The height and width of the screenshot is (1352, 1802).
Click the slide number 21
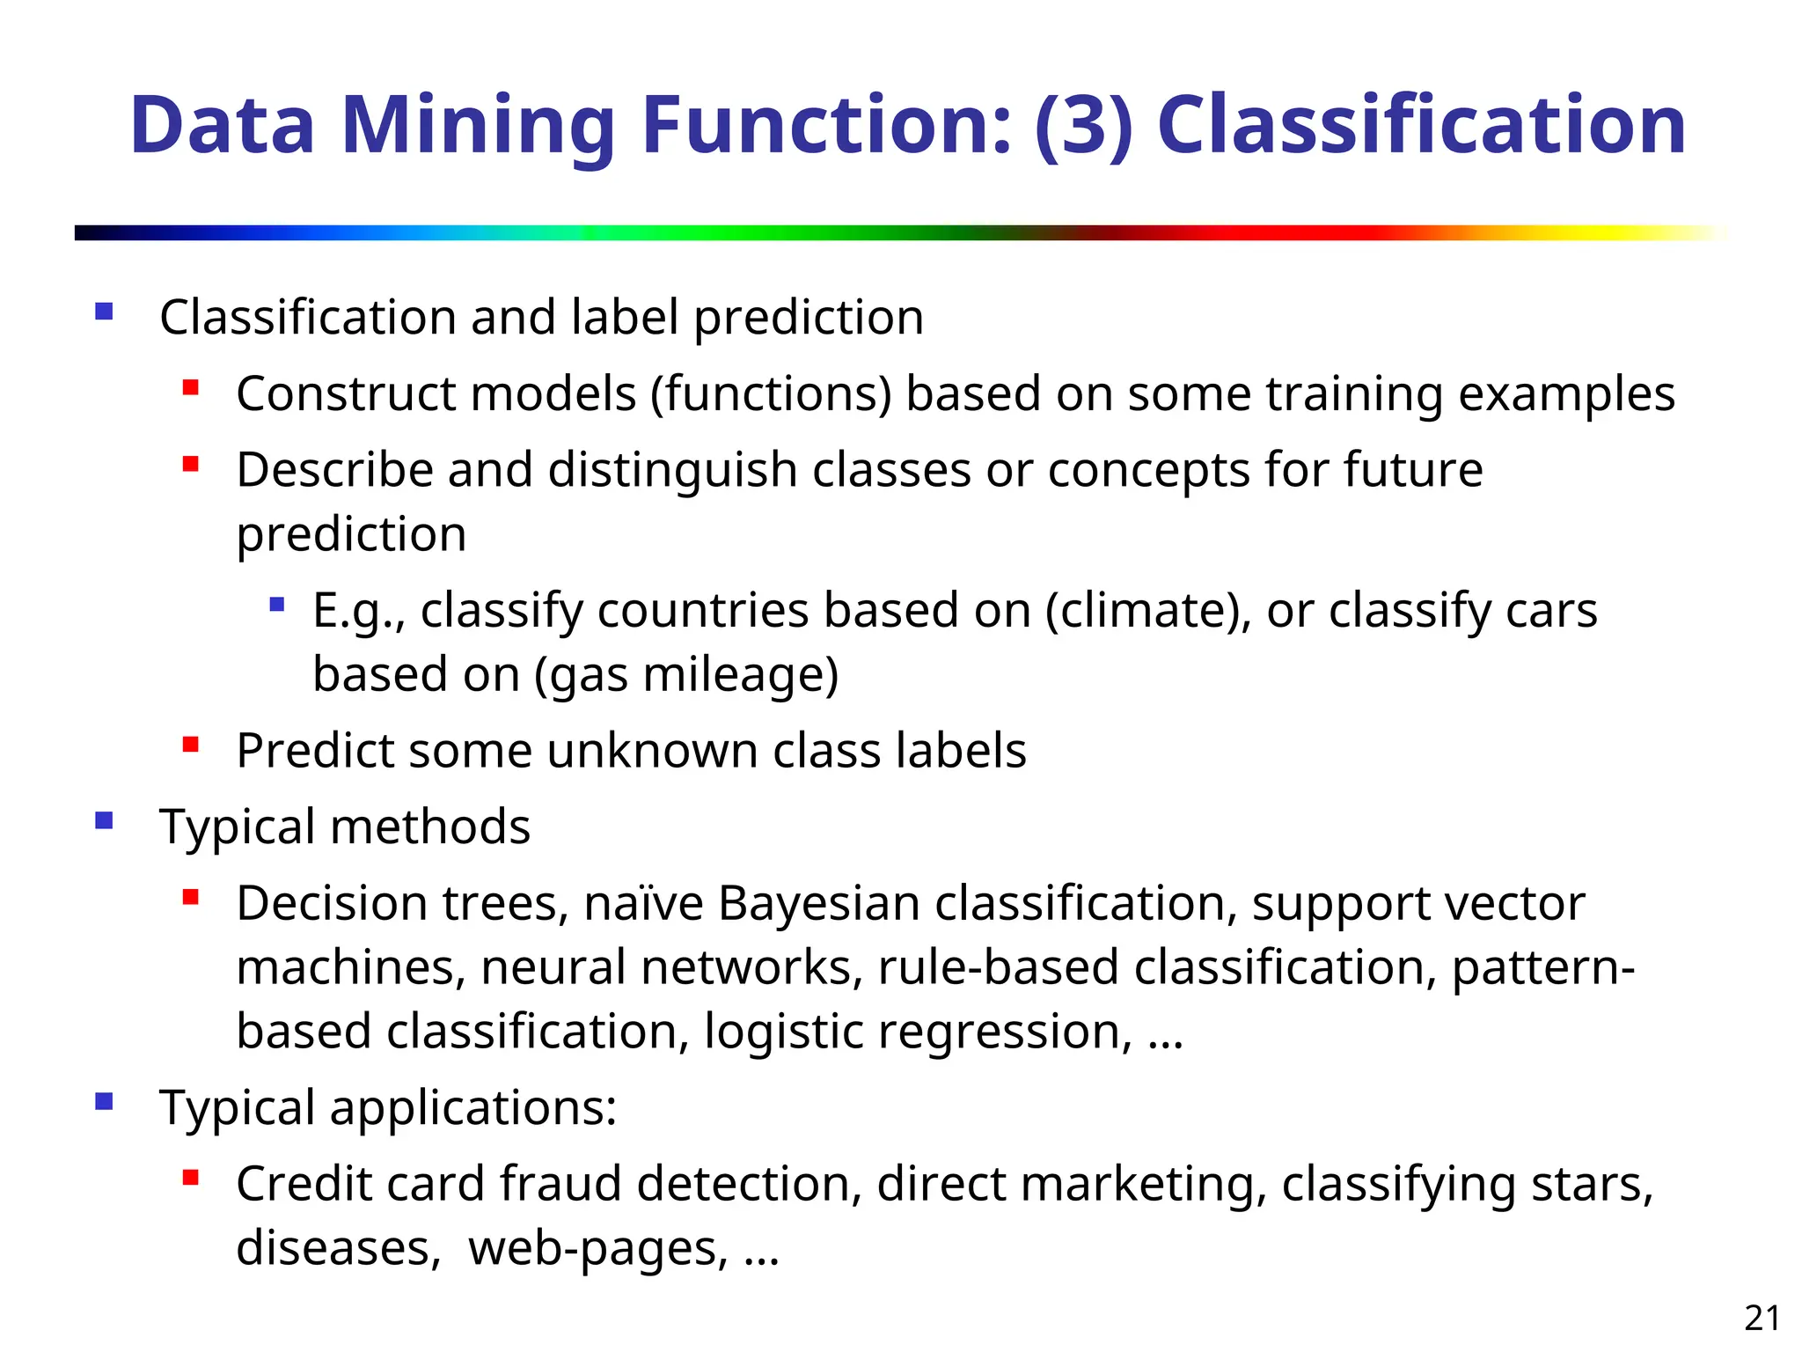pyautogui.click(x=1762, y=1318)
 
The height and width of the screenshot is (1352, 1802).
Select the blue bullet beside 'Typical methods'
pyautogui.click(x=105, y=821)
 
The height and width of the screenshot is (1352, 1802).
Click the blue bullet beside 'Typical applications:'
pyautogui.click(x=105, y=1101)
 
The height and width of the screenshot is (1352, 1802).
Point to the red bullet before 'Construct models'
pyautogui.click(x=190, y=387)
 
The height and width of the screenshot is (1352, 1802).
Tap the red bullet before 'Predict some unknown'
pyautogui.click(x=190, y=745)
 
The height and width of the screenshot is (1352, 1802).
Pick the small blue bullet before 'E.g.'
pyautogui.click(x=277, y=605)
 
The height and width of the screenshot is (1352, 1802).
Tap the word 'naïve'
pyautogui.click(x=643, y=903)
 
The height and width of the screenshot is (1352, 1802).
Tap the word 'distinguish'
pyautogui.click(x=672, y=470)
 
